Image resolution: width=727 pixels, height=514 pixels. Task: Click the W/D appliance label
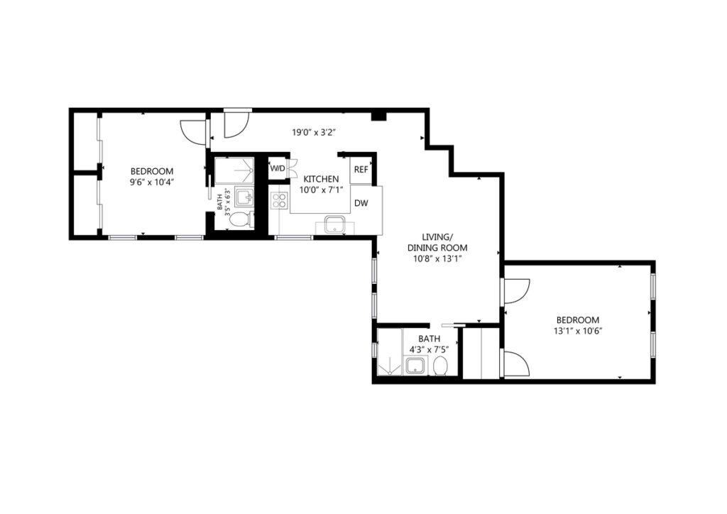point(278,168)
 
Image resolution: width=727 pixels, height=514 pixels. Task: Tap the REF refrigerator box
point(361,170)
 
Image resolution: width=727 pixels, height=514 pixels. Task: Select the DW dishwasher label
point(361,203)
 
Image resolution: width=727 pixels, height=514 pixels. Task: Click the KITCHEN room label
point(321,179)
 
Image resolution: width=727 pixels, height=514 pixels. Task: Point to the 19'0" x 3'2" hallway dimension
point(313,133)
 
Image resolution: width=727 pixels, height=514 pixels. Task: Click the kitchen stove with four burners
point(279,199)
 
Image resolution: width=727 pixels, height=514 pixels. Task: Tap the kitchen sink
point(334,225)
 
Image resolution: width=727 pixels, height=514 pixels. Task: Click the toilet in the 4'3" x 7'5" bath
point(440,366)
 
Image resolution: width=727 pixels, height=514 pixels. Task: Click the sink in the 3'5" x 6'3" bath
point(244,197)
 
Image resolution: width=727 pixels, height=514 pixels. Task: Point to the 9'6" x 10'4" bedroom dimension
point(152,182)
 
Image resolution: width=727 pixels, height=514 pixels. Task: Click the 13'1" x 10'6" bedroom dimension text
point(578,331)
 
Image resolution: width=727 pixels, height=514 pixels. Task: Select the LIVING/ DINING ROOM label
point(437,242)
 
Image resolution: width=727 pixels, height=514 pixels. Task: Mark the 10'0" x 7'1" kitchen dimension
point(321,190)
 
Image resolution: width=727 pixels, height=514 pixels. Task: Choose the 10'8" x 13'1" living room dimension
point(437,259)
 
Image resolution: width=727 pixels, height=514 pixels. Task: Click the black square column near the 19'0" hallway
point(379,116)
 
